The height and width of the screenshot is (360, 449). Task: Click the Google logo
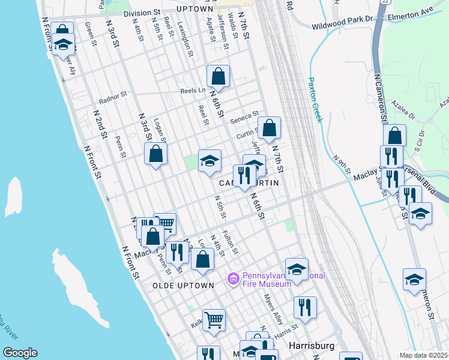coord(19,353)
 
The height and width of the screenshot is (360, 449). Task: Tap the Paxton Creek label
coord(315,100)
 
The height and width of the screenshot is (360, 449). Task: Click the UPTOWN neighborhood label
coord(195,10)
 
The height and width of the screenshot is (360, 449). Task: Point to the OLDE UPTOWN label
coord(183,286)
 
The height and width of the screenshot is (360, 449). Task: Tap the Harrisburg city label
coord(307,346)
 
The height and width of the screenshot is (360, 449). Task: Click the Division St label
coord(142,12)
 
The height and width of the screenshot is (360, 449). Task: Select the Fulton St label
coord(231,243)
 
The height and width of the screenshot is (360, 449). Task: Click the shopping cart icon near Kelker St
coord(214,320)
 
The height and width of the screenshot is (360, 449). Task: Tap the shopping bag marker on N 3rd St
coord(155,153)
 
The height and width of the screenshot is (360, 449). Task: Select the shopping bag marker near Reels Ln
coord(218,76)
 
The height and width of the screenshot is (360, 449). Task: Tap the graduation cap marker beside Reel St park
coord(209,161)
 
